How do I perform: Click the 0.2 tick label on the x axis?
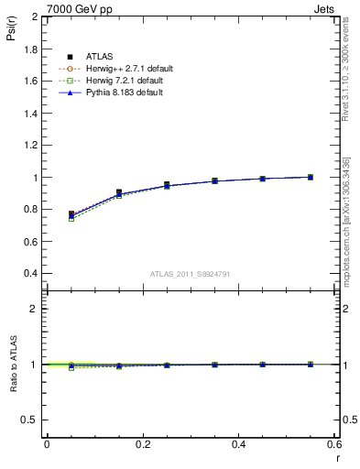(x=142, y=444)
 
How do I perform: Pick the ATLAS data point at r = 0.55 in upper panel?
(x=311, y=177)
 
